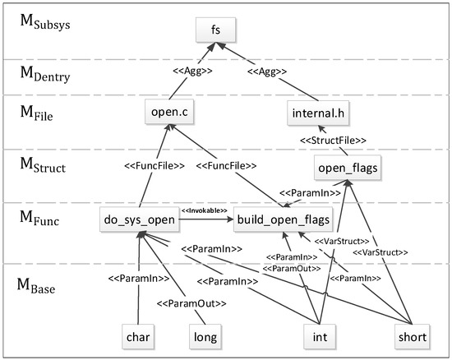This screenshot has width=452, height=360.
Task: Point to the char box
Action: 139,335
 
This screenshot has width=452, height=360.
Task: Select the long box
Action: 205,335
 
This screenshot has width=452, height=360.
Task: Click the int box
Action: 320,335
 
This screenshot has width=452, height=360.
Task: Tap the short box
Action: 412,335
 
